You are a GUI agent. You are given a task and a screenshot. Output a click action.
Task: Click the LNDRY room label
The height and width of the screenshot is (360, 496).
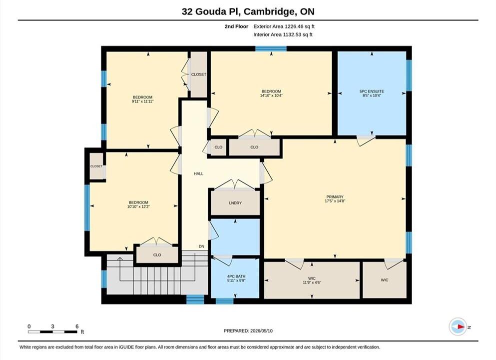(x=235, y=203)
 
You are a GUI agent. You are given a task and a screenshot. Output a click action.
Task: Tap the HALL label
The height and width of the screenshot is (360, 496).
(x=199, y=173)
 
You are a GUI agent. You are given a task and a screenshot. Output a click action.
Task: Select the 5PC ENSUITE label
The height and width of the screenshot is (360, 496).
(x=372, y=91)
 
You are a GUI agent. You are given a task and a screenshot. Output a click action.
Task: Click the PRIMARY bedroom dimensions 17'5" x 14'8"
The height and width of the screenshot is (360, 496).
(x=335, y=200)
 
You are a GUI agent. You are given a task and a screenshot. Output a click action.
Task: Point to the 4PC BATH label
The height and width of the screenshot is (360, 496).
(x=236, y=276)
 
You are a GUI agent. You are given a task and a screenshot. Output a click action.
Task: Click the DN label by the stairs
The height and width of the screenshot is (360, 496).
(x=201, y=246)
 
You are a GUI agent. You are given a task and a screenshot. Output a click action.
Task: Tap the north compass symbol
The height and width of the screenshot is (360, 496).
(x=458, y=327)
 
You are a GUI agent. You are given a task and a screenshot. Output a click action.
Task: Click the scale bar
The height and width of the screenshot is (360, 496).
(x=52, y=332)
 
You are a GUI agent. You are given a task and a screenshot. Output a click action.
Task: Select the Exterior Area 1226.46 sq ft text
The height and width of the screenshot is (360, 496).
(x=284, y=26)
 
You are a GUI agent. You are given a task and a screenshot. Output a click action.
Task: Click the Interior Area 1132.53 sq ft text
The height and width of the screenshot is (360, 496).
(x=283, y=34)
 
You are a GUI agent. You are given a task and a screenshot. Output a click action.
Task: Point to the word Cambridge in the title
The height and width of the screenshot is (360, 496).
(x=269, y=12)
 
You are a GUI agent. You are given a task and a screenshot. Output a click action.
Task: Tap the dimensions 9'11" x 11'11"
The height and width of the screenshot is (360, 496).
(x=143, y=101)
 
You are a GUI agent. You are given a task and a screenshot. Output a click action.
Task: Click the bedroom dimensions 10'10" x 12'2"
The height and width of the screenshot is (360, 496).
(x=138, y=206)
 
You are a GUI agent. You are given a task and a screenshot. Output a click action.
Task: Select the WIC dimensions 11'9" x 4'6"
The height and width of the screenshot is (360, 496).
(x=312, y=282)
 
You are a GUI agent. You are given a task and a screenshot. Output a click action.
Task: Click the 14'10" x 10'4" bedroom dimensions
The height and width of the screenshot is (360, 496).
(x=271, y=95)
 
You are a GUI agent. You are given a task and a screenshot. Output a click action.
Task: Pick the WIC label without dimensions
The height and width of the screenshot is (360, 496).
(x=384, y=280)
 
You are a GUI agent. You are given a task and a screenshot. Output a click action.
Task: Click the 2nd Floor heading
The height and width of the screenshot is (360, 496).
(x=236, y=26)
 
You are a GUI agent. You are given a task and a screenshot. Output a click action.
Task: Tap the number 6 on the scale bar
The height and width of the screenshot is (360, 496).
(x=77, y=326)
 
